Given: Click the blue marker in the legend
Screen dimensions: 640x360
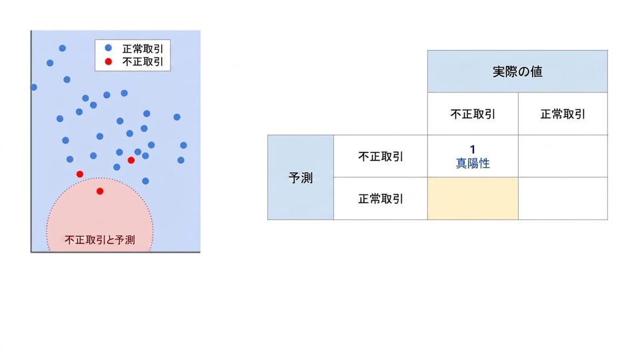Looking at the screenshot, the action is coord(108,48).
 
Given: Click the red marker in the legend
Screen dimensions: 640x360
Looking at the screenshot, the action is coord(108,61).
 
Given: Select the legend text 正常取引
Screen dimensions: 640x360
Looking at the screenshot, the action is coord(143,49).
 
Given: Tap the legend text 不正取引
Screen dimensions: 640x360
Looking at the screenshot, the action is coord(143,61).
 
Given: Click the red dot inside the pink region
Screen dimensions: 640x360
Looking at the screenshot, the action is coord(100,191).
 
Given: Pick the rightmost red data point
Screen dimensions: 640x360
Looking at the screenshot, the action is coord(131,160).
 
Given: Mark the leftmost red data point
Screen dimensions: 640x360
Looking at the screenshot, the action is coord(80,174).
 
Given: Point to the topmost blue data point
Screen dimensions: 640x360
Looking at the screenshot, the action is coord(63,48).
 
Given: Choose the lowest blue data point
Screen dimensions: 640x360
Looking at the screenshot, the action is coord(146,181).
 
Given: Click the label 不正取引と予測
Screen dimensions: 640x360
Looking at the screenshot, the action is coord(99,239).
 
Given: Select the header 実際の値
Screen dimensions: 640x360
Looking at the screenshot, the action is coord(517,72).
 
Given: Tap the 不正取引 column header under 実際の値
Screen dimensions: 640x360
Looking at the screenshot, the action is coord(473,114).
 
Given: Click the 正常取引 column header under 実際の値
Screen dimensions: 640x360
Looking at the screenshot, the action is coord(563,114).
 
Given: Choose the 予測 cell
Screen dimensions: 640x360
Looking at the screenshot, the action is coord(301,177).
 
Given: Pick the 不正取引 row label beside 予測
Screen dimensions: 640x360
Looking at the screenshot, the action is coord(381,156).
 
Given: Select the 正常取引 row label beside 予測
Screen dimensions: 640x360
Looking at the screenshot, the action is coord(381,199).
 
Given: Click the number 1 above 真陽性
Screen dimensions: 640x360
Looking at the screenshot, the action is coord(473,149).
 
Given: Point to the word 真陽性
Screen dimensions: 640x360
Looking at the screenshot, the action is coord(473,163).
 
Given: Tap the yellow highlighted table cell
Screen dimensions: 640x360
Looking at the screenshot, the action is coord(473,199).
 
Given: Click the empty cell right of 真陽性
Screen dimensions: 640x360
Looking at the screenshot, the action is coord(563,156).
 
